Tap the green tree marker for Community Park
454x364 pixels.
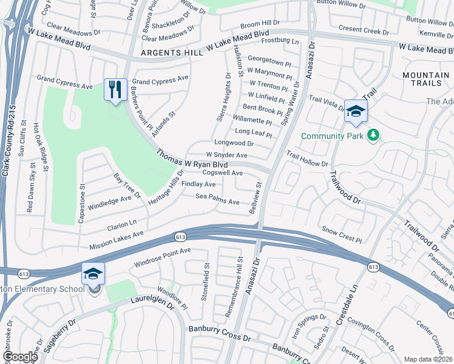[x=374, y=135]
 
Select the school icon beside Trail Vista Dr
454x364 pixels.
[x=356, y=111]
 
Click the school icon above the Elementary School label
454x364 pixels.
[x=93, y=274]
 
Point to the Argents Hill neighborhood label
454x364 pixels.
[x=172, y=53]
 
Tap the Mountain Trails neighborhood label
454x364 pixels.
[x=425, y=75]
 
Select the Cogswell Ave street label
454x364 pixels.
[x=222, y=173]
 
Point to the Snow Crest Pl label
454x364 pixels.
[x=342, y=235]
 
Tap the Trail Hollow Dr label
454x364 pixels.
[x=307, y=160]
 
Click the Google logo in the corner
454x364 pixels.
[x=20, y=357]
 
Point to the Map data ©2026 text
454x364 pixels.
[x=428, y=359]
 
